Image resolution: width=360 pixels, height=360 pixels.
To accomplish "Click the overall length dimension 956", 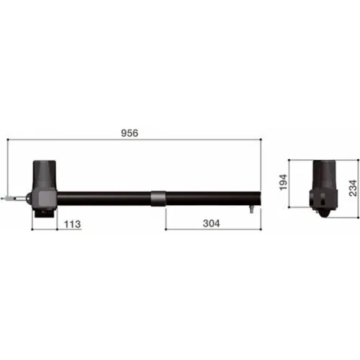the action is [x=130, y=133].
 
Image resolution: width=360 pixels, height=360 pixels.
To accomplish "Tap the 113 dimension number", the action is [x=73, y=224].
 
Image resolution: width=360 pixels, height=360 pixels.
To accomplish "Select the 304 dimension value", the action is [x=211, y=223].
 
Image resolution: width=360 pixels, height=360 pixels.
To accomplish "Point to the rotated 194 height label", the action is [x=284, y=182].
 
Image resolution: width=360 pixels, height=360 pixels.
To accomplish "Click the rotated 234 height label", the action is [x=353, y=188].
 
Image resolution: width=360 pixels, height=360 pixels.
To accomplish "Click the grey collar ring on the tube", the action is [x=158, y=199].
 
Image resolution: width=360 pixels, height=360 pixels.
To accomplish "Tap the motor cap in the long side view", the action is [x=45, y=175].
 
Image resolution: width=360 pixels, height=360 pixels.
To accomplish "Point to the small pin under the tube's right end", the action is [x=251, y=210].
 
